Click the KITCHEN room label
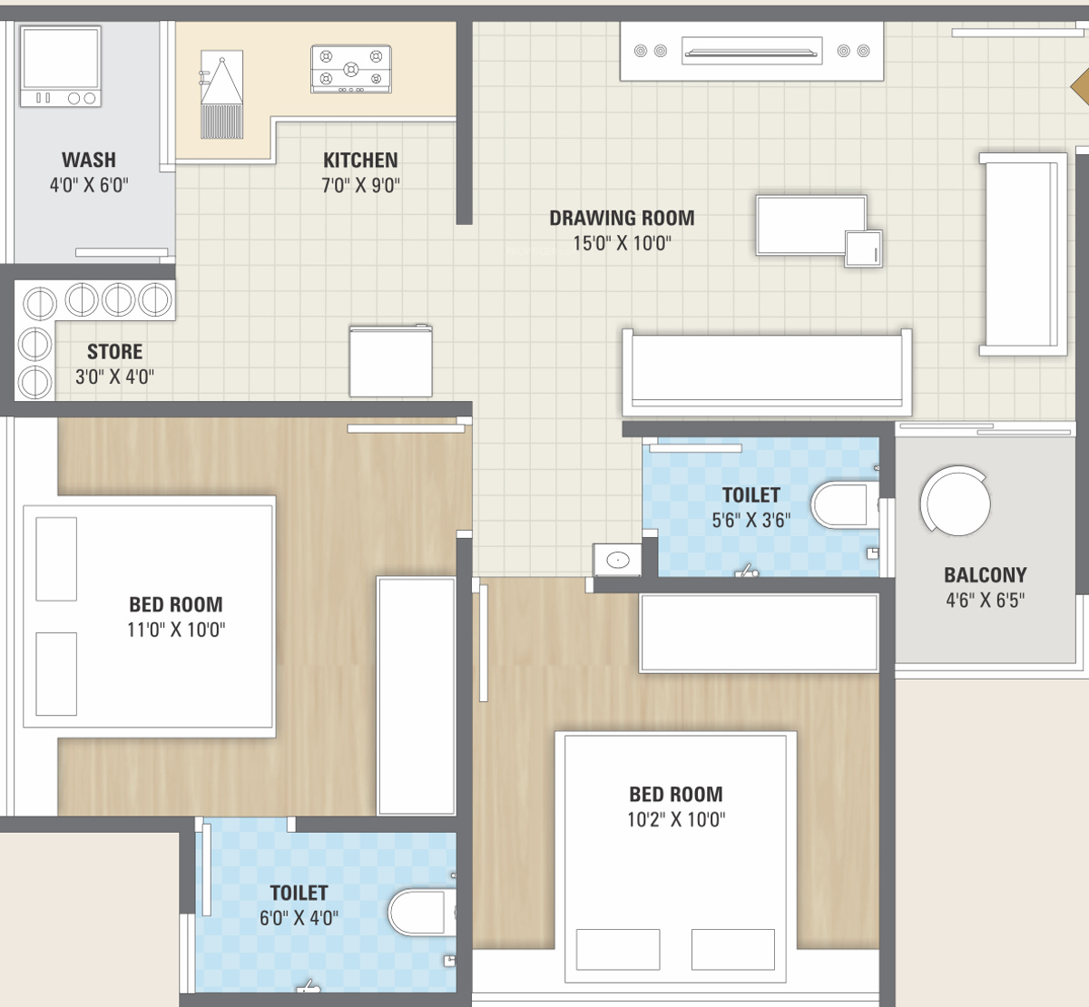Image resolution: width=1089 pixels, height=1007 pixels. [x=360, y=160]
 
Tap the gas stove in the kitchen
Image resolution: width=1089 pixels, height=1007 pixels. [x=351, y=69]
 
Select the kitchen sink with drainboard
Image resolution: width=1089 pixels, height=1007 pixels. [x=221, y=94]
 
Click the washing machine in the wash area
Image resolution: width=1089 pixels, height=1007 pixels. [x=60, y=66]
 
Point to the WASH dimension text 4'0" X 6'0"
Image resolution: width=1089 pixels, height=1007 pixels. [x=89, y=185]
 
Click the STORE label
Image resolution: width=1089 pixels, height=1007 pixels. [x=114, y=351]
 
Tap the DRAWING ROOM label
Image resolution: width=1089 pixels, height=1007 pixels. [x=622, y=218]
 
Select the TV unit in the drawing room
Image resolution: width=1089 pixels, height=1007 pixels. [x=751, y=51]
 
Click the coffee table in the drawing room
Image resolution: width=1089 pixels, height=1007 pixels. [x=810, y=225]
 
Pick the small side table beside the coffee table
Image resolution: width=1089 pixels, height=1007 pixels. [x=864, y=249]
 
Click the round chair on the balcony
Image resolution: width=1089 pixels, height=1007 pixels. [x=956, y=501]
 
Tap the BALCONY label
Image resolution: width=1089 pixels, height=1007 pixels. [x=985, y=575]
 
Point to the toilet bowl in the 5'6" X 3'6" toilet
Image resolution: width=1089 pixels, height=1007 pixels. [x=845, y=504]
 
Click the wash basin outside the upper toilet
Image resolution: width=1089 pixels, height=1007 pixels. [x=617, y=561]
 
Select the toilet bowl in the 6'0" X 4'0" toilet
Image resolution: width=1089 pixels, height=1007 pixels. [x=422, y=912]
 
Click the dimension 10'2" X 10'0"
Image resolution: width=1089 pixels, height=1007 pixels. [x=676, y=819]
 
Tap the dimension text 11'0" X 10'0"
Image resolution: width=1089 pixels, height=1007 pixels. [x=176, y=630]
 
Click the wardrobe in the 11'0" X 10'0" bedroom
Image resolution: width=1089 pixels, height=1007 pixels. [x=417, y=696]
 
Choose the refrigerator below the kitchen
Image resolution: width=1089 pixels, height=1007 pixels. [x=391, y=361]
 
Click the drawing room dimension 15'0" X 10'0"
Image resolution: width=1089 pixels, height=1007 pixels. [x=622, y=243]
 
